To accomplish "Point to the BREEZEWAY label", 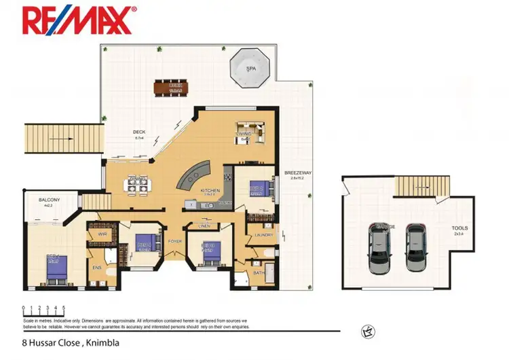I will (297, 173).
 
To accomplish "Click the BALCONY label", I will (49, 200).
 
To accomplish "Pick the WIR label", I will (102, 233).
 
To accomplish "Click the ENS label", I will (97, 268).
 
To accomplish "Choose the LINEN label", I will (204, 226).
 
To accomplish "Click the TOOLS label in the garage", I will (459, 229).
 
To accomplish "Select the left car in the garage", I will (379, 249).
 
